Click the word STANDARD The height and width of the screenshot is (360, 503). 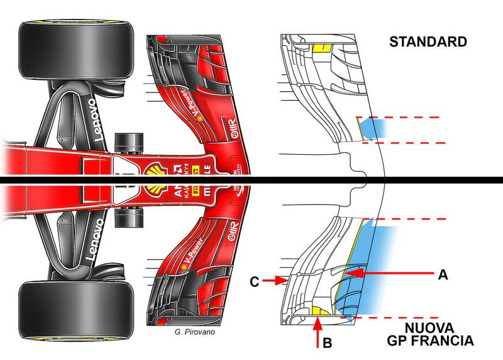[x=428, y=43]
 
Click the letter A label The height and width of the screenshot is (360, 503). [x=443, y=274]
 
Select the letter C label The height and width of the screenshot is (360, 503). [x=255, y=281]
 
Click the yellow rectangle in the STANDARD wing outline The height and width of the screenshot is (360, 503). [x=321, y=48]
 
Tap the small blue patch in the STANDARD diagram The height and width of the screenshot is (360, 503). [x=377, y=128]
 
